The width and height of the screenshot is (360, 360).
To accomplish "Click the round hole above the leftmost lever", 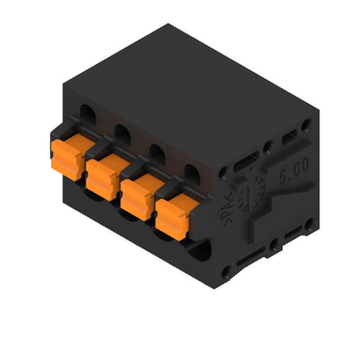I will coord(89,112).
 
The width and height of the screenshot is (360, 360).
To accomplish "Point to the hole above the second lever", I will coord(122,132).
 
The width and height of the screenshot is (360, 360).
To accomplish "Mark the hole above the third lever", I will coord(157,151).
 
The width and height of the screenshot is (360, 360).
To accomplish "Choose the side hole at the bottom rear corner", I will coord(308,228).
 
